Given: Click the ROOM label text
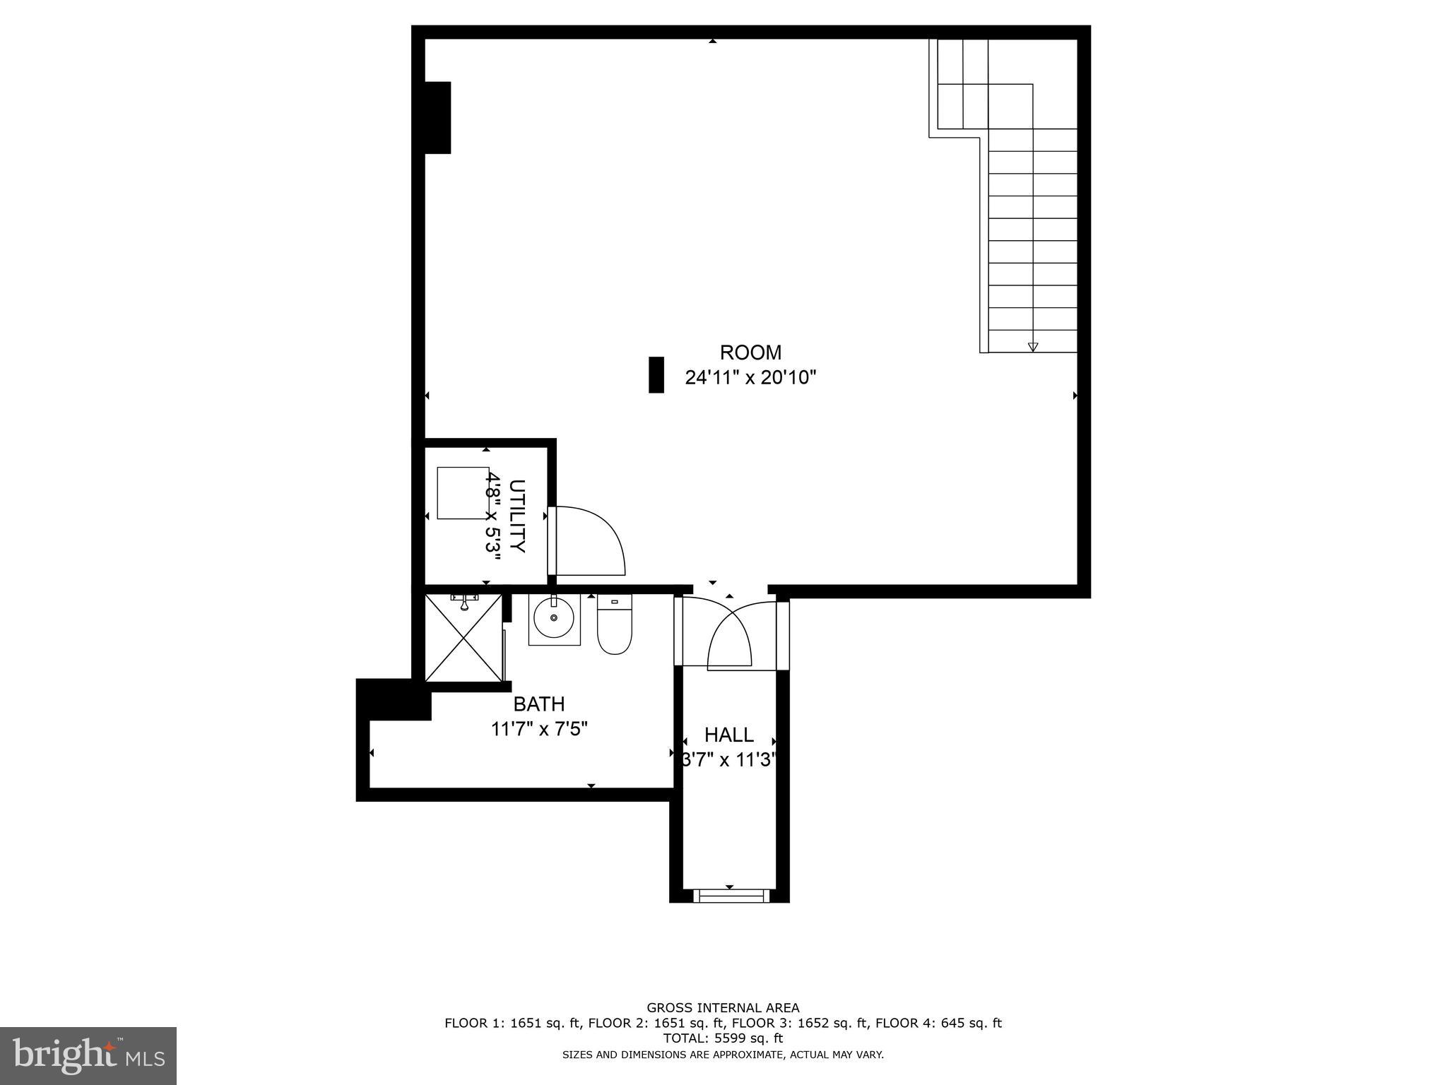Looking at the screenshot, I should (750, 352).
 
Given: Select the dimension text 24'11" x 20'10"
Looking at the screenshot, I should (750, 378).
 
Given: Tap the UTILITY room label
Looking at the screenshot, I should (517, 516).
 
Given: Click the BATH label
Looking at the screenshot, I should (538, 704).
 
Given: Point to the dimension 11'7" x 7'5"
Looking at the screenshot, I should (539, 729).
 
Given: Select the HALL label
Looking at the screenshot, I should (729, 735).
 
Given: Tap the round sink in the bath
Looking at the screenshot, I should (554, 619).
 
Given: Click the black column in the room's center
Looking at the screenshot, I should (656, 374).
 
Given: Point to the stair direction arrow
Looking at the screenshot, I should (1033, 346).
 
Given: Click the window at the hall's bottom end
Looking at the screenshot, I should (730, 896).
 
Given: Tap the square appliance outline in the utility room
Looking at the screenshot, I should (463, 493).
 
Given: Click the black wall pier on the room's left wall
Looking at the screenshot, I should (437, 117).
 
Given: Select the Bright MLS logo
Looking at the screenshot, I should (88, 1055).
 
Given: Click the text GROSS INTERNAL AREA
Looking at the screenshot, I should (723, 1008).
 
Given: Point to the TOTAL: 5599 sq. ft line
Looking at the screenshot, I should (723, 1038).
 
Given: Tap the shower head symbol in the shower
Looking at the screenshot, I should (464, 603).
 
